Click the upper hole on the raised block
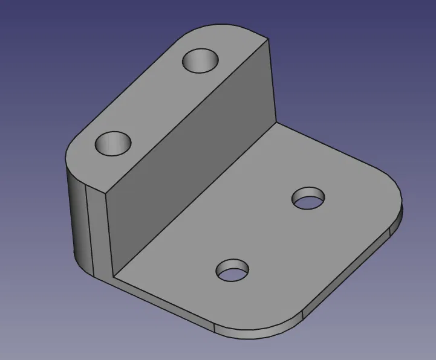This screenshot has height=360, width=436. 200,60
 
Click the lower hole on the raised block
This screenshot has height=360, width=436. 113,143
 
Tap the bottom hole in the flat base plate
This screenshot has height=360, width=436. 233,270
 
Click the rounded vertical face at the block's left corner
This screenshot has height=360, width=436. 77,217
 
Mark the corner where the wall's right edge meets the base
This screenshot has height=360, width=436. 276,123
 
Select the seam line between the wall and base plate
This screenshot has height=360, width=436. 194,201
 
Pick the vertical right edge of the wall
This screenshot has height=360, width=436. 271,82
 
